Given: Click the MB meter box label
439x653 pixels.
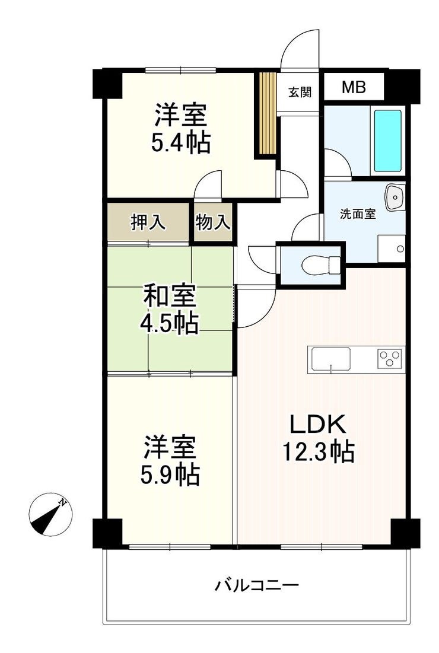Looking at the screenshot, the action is (354, 87).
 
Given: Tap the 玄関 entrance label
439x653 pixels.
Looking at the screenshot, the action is (300, 91).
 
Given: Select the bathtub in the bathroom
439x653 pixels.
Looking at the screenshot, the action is (387, 141).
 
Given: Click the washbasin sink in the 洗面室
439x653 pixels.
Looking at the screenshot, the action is (395, 197).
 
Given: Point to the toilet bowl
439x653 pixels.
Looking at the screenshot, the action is (321, 265).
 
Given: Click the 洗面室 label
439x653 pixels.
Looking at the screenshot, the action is (358, 214).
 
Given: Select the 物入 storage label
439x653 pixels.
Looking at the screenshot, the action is (213, 222).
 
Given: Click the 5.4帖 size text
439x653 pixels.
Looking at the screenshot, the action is (180, 143).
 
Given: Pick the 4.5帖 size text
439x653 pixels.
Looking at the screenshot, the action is (169, 323).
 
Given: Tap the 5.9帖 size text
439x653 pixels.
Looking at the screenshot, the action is (170, 474).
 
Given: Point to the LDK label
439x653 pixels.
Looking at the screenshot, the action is (318, 425).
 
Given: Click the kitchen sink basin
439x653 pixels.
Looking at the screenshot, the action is (331, 359).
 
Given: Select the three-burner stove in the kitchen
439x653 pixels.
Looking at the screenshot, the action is (390, 358).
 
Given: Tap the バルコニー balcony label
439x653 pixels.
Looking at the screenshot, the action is (257, 586).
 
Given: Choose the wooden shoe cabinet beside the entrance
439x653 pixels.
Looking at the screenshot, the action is (268, 113).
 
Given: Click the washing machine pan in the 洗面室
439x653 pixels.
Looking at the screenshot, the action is (391, 249).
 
